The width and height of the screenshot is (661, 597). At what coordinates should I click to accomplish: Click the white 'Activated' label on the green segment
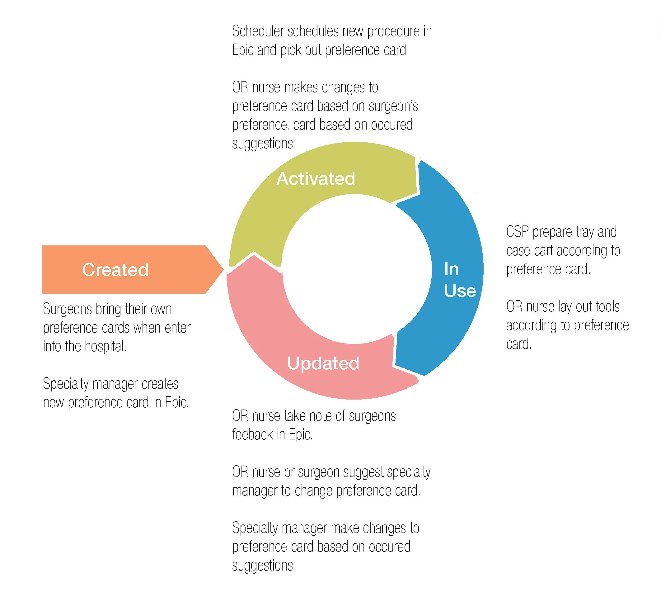[x=316, y=179]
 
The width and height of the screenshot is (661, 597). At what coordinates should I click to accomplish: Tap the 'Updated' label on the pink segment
[x=323, y=363]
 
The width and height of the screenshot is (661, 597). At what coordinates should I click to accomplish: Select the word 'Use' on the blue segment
[x=460, y=291]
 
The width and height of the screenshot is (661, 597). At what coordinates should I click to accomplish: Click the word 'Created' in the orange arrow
[x=115, y=270]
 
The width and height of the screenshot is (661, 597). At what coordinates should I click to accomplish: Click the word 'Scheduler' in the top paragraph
[x=258, y=31]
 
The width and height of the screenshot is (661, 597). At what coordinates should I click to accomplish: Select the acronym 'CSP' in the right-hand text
[x=518, y=232]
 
